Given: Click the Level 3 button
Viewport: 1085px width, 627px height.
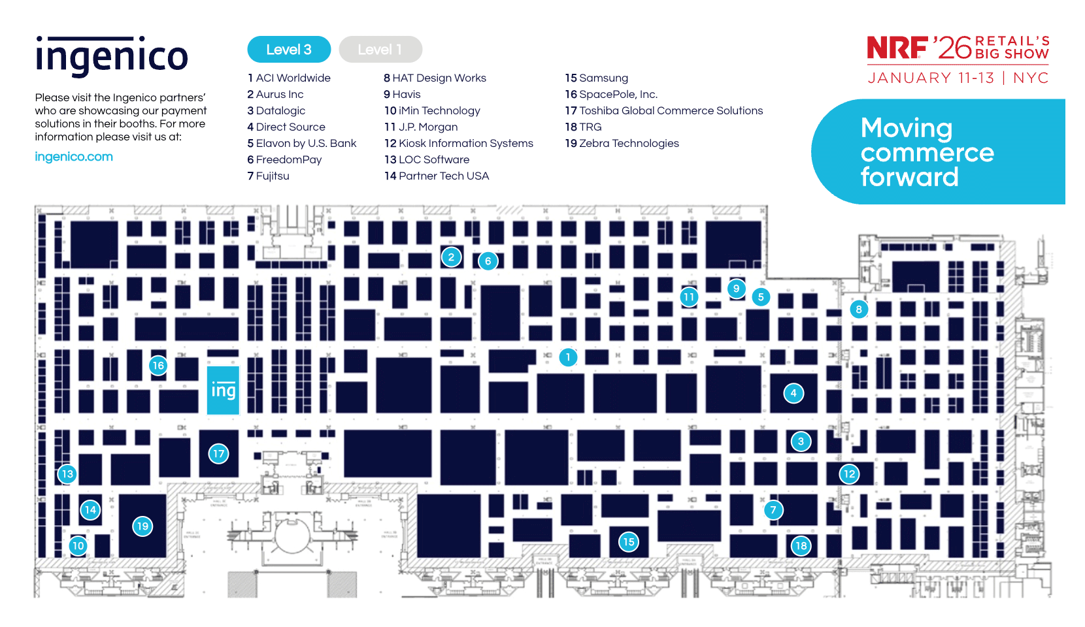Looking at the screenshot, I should tap(289, 50).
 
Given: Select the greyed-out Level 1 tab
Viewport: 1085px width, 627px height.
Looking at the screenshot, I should tap(380, 50).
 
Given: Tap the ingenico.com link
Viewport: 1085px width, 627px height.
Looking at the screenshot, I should tap(74, 157).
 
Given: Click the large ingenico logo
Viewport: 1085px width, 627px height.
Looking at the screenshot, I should tap(112, 57).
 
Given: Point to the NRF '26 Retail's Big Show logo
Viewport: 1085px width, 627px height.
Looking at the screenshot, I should tap(958, 48).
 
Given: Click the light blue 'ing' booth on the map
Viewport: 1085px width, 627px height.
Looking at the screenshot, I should tap(223, 391).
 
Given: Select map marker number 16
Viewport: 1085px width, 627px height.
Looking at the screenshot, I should tap(158, 366).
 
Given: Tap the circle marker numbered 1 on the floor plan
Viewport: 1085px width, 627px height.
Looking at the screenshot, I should tap(568, 357).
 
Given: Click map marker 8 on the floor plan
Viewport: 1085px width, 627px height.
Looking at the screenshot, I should tap(859, 310).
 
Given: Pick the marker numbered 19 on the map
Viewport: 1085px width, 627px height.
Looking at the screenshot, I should tap(142, 526).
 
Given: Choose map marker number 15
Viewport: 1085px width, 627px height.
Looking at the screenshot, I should tap(629, 541).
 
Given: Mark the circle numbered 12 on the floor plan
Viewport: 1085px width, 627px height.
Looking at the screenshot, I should tap(849, 474).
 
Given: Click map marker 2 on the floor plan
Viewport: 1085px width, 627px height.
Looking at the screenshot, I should tap(451, 257).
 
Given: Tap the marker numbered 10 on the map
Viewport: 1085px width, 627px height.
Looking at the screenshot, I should tap(78, 546).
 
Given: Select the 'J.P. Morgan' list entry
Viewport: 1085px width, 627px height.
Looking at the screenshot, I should tap(427, 127).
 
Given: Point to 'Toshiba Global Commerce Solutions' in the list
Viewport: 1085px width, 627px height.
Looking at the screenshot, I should tap(671, 111).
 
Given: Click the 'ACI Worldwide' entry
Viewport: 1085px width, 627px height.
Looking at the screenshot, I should tap(293, 78).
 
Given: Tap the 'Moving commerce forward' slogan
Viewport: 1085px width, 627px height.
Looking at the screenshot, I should tap(927, 152).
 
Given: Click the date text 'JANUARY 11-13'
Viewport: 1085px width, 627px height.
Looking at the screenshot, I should tap(931, 78).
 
